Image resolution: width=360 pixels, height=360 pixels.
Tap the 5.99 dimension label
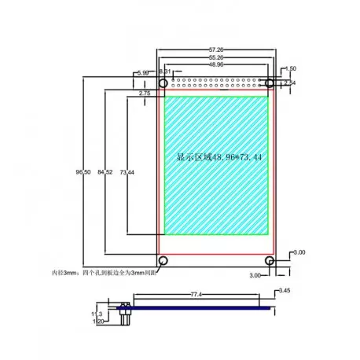coord(143,72)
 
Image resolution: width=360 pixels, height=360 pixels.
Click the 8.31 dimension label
coord(164,72)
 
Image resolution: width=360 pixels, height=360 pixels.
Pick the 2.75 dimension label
coord(145,94)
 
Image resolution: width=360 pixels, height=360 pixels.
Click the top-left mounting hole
coord(163,83)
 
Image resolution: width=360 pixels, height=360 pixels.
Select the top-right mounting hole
coord(269,83)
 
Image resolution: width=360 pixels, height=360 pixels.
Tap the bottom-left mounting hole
coord(163,260)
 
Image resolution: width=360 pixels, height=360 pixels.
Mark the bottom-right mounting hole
coord(269,260)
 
